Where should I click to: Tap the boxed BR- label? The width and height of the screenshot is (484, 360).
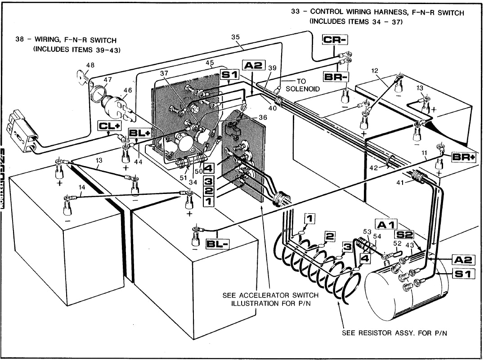(336, 76)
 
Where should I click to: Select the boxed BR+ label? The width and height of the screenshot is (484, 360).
(462, 157)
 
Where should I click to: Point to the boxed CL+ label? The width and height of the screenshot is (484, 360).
(109, 126)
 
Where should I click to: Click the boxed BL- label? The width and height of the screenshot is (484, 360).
(217, 244)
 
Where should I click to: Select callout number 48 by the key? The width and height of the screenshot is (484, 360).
(90, 65)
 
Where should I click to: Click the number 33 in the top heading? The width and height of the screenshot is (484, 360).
(296, 12)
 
